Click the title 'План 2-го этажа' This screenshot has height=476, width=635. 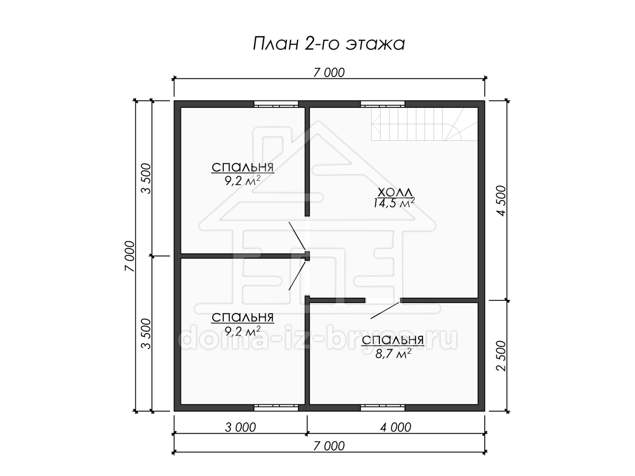click(x=329, y=44)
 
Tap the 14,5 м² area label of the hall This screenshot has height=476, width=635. click(x=394, y=203)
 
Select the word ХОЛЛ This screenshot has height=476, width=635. click(x=395, y=193)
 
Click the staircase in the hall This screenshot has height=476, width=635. click(x=424, y=124)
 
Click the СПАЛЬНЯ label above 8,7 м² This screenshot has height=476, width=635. click(x=393, y=340)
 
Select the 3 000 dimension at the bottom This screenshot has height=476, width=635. click(x=240, y=427)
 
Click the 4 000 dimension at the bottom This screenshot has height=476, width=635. click(x=395, y=427)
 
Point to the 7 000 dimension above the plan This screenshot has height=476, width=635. click(x=329, y=73)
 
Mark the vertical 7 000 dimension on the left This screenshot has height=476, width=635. click(x=130, y=256)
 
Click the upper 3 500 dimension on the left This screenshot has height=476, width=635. click(x=146, y=179)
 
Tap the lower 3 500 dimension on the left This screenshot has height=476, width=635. click(x=146, y=334)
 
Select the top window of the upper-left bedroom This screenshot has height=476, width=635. click(x=276, y=104)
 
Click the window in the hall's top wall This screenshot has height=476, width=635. click(x=383, y=104)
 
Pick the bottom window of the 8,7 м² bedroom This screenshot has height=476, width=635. click(x=383, y=407)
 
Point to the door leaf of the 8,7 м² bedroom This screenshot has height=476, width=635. click(x=386, y=309)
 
